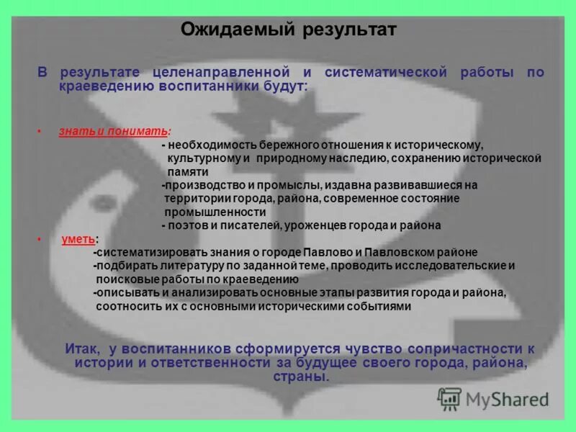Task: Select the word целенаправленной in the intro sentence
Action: pos(220,73)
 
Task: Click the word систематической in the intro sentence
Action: pos(386,73)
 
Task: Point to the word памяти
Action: pos(188,172)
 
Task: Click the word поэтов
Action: pos(186,225)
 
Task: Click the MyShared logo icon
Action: pos(450,398)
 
